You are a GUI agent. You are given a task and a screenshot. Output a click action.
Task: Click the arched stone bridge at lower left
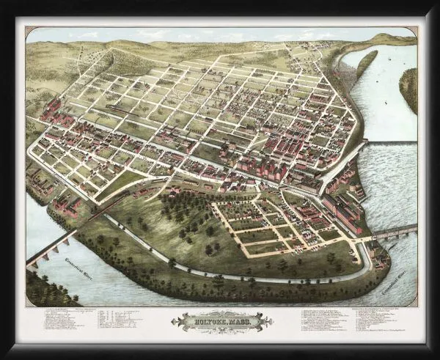pyautogui.click(x=48, y=249)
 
